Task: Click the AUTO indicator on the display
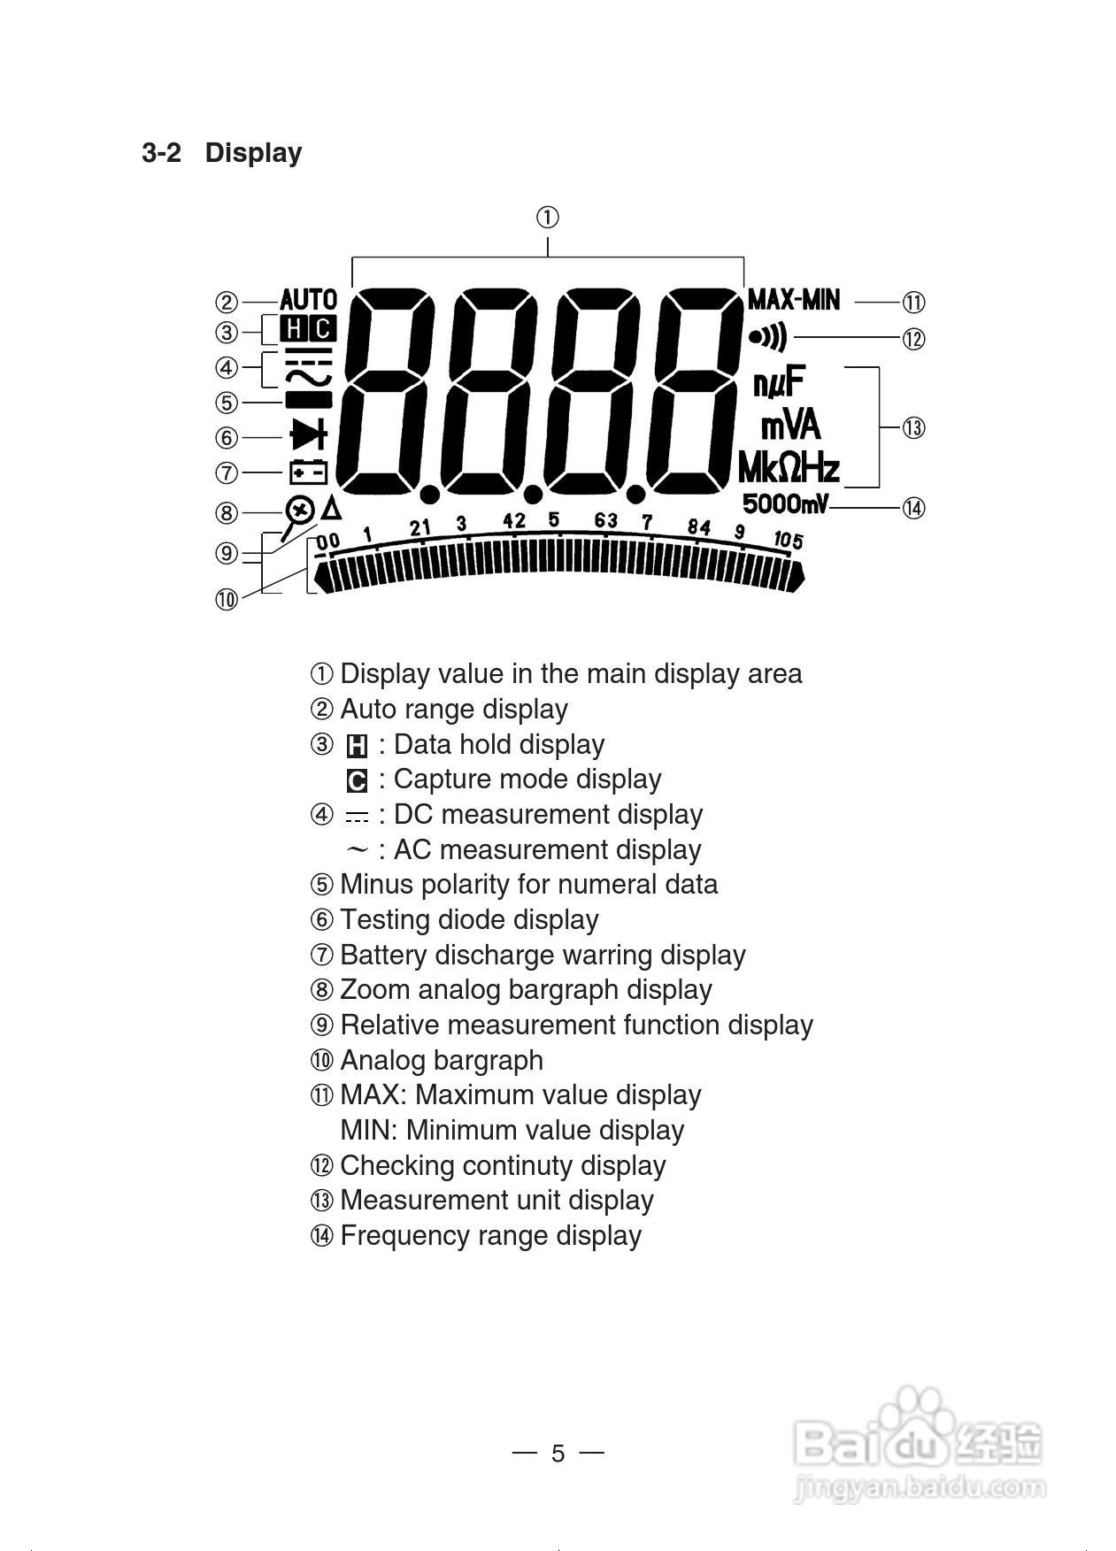[x=308, y=301]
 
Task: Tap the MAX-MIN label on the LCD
[x=793, y=300]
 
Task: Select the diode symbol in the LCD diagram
[x=308, y=435]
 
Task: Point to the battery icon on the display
[x=308, y=471]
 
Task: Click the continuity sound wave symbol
[x=767, y=337]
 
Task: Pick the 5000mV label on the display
[x=785, y=504]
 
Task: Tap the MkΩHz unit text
[x=789, y=466]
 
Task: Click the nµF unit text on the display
[x=779, y=384]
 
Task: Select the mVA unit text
[x=790, y=426]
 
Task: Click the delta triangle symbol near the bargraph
[x=331, y=509]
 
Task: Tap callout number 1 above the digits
[x=548, y=217]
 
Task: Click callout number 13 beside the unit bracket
[x=913, y=428]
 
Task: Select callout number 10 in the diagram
[x=227, y=600]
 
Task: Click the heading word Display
[x=253, y=153]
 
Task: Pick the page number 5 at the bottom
[x=558, y=1454]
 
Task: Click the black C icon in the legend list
[x=357, y=781]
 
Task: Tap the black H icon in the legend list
[x=357, y=747]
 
